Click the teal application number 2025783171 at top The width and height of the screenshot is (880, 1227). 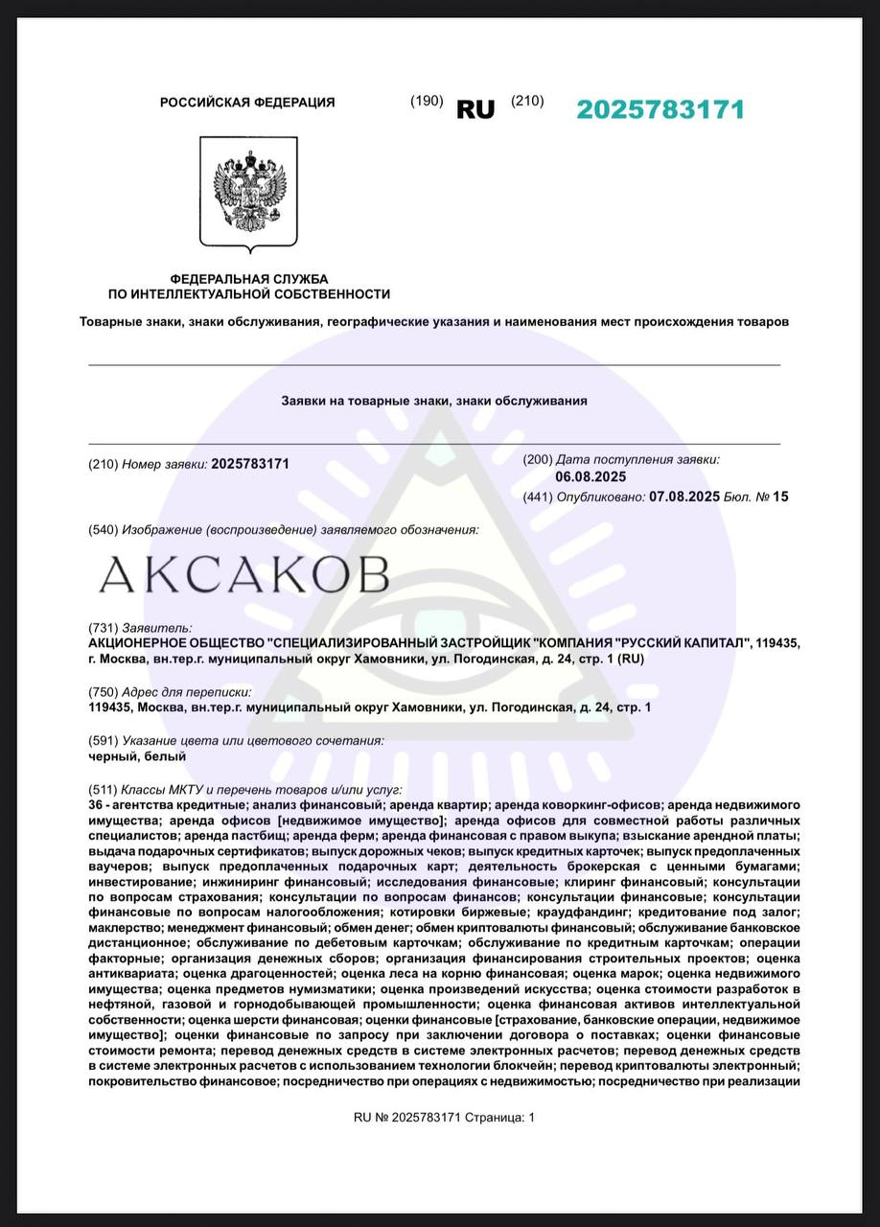pyautogui.click(x=660, y=109)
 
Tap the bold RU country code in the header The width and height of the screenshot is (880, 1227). pyautogui.click(x=475, y=110)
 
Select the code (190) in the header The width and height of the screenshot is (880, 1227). pyautogui.click(x=427, y=102)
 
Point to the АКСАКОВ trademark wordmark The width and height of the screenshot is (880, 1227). pyautogui.click(x=244, y=574)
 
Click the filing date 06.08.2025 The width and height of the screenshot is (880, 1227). pyautogui.click(x=591, y=476)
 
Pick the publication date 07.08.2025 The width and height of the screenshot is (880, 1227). pyautogui.click(x=684, y=497)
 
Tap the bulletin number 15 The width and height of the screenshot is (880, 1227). pyautogui.click(x=780, y=497)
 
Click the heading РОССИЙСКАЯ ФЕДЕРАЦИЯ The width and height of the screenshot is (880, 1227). pyautogui.click(x=247, y=103)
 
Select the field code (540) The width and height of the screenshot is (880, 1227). pyautogui.click(x=103, y=530)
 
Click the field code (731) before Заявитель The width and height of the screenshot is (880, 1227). pyautogui.click(x=103, y=626)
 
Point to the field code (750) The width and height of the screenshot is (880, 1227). pyautogui.click(x=103, y=691)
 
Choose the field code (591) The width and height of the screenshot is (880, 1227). pyautogui.click(x=103, y=740)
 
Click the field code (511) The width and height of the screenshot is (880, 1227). pyautogui.click(x=103, y=789)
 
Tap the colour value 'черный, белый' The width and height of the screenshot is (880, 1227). pyautogui.click(x=124, y=756)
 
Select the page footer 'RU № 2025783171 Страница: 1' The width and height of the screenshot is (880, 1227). pyautogui.click(x=444, y=1118)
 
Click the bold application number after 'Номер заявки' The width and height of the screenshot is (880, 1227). pyautogui.click(x=249, y=464)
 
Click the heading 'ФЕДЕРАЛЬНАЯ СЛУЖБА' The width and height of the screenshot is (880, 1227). pyautogui.click(x=249, y=278)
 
